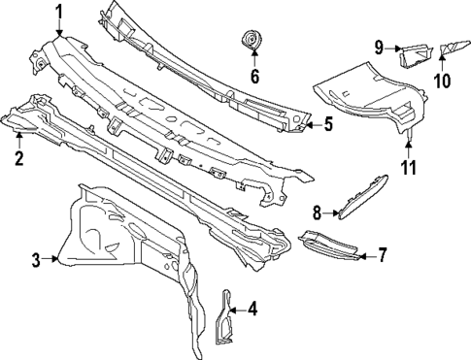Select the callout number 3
click(x=36, y=259)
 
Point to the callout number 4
click(x=252, y=311)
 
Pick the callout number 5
click(x=327, y=124)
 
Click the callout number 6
click(x=254, y=74)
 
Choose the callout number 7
click(x=382, y=256)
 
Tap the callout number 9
click(x=381, y=47)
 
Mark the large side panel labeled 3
click(x=117, y=243)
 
